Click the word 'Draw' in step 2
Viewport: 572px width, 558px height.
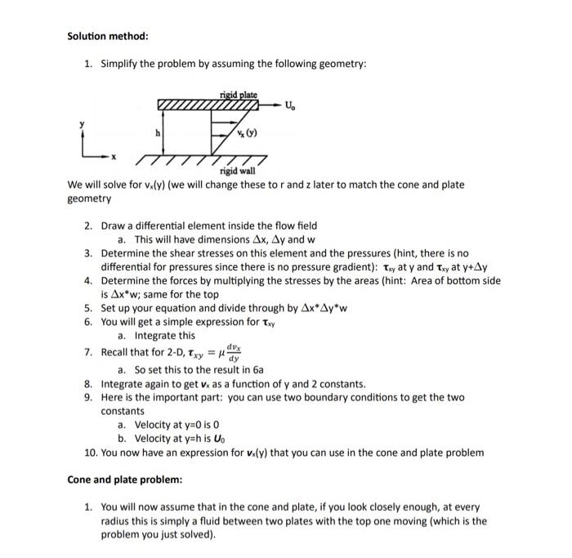(114, 225)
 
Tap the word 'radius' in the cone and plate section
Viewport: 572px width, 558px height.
(116, 520)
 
